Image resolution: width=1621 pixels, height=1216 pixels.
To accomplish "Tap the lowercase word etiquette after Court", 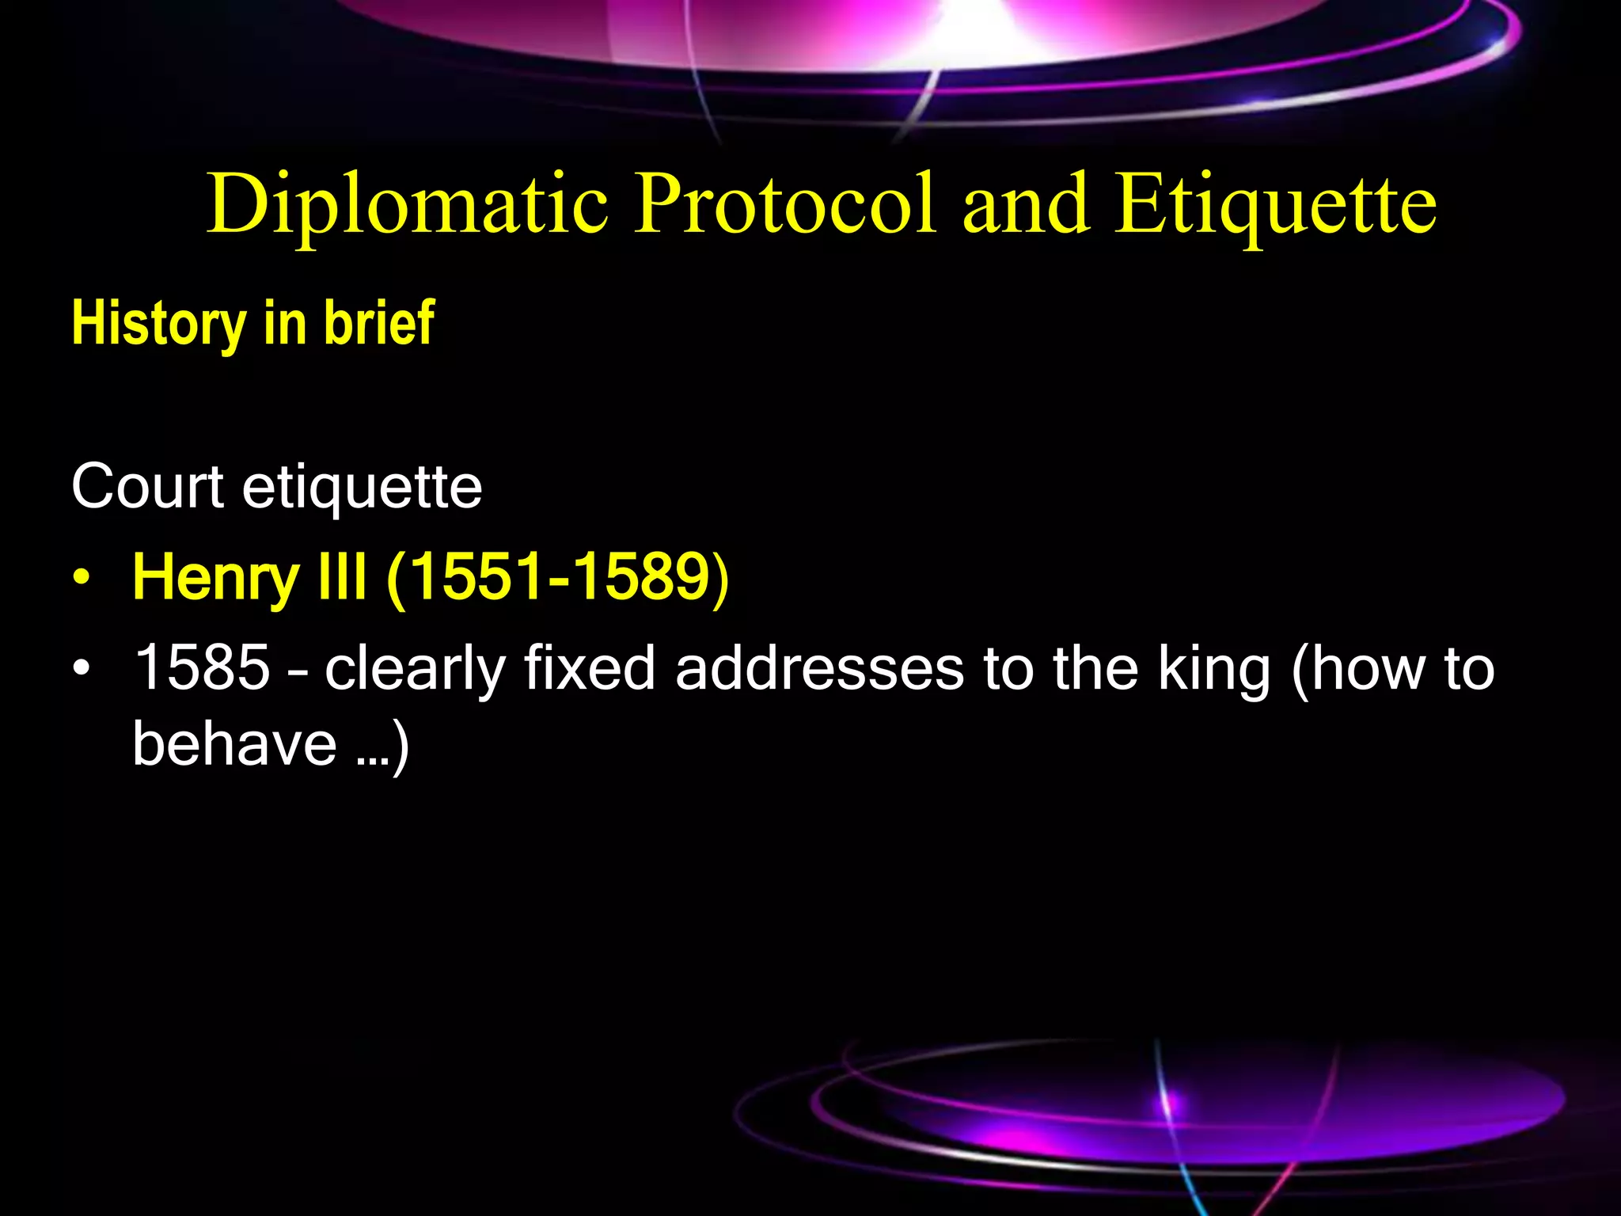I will click(362, 487).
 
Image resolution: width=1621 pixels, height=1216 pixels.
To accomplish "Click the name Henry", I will click(214, 578).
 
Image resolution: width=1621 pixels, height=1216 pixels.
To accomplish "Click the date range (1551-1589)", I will click(557, 577).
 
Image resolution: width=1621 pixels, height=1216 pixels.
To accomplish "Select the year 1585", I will click(203, 667).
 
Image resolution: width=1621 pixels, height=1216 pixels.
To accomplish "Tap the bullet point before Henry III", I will click(80, 578).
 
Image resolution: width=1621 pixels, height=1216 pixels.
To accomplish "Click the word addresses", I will click(819, 667).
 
